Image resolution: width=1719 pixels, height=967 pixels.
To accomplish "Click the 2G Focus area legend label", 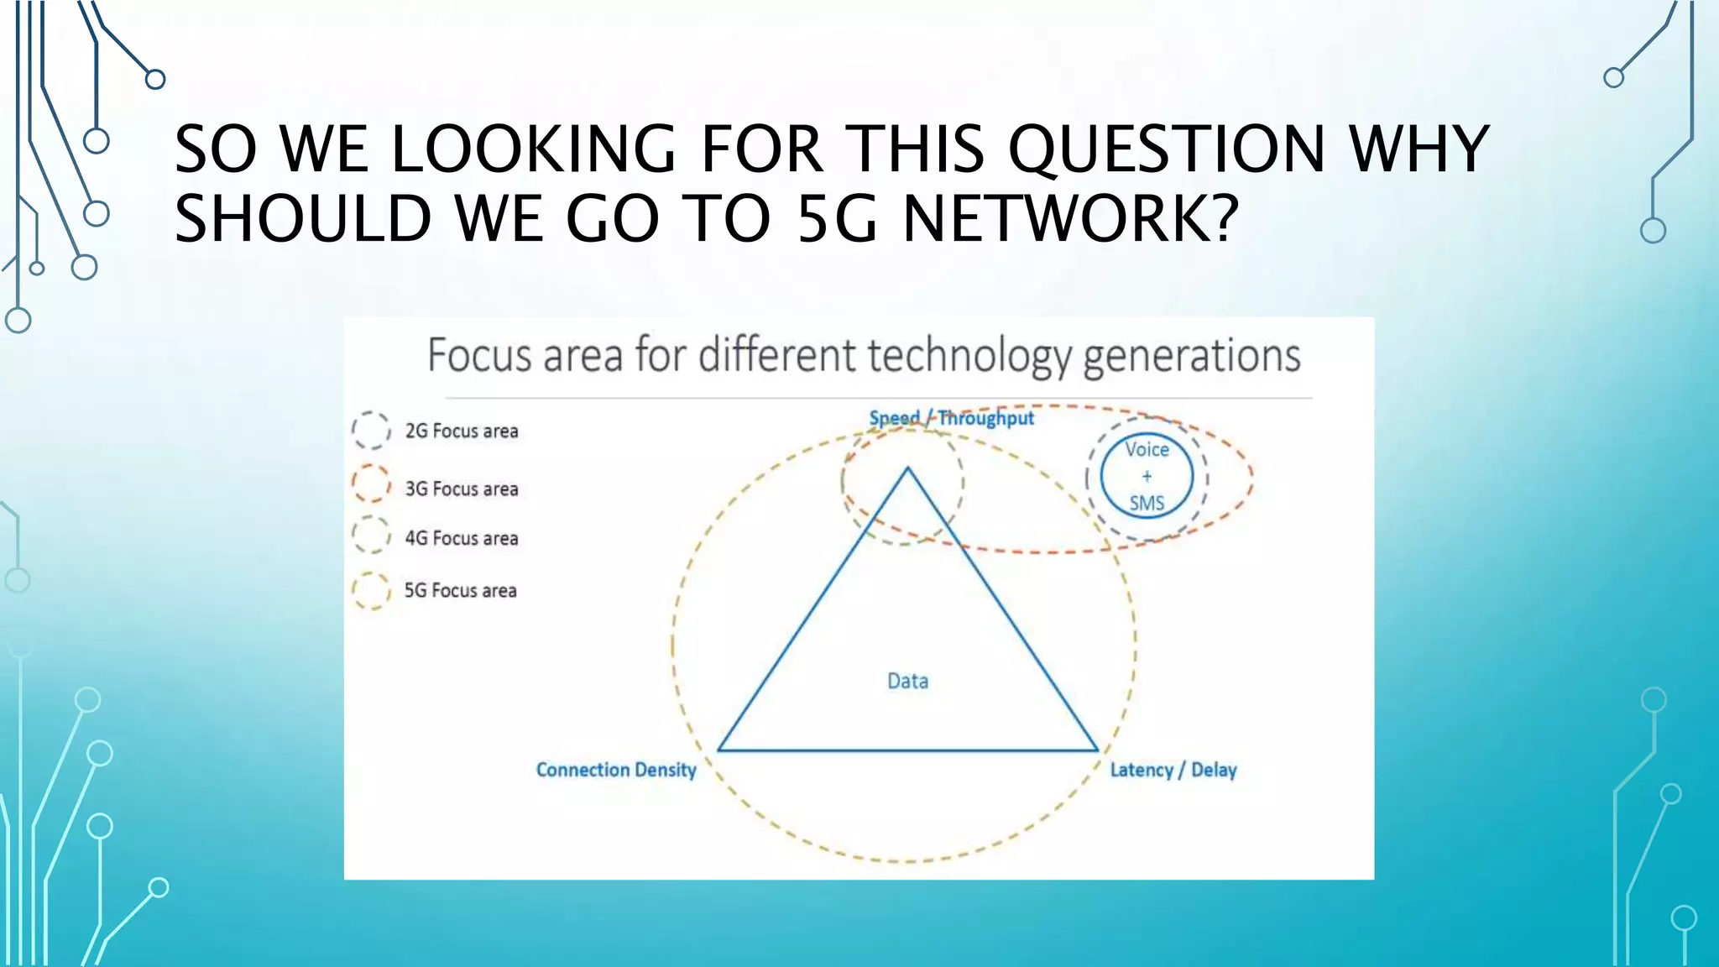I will tap(462, 431).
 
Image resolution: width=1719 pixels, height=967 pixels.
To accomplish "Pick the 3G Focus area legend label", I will tap(462, 489).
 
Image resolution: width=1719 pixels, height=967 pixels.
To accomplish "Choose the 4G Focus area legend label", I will tap(462, 538).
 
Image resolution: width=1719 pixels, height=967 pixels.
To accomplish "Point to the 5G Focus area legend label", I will tap(461, 590).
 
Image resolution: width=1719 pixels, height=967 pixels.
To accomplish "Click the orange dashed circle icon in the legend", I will tap(371, 484).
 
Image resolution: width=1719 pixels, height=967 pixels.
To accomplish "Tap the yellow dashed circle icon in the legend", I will tap(371, 590).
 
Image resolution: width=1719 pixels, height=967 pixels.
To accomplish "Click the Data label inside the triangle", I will tap(908, 681).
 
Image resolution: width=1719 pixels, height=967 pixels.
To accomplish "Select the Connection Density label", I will tap(616, 770).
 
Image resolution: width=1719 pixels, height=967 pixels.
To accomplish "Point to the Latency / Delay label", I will tap(1173, 770).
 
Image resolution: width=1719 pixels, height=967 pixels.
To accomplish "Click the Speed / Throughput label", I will tap(952, 418).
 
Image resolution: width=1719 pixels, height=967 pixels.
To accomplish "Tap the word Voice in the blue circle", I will tap(1147, 450).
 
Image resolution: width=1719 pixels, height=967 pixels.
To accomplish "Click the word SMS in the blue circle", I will tap(1147, 503).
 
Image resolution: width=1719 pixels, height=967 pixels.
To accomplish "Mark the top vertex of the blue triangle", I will tap(907, 468).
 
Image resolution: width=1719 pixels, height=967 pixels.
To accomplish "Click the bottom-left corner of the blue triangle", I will tap(719, 750).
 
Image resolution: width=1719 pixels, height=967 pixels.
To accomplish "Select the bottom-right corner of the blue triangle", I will tap(1097, 750).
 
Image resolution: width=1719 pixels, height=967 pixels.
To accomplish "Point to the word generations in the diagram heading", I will tap(1192, 356).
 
